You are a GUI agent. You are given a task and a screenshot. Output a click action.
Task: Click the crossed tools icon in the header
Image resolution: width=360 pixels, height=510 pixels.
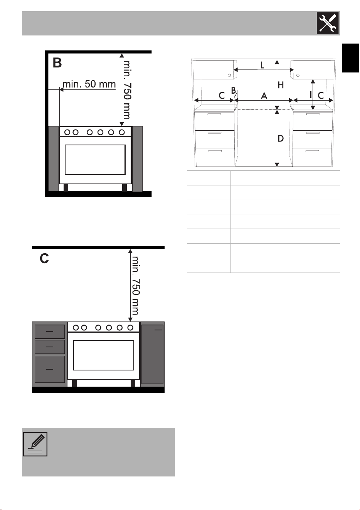coord(328,23)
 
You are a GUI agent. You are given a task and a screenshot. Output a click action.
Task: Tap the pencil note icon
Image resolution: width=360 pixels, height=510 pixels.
coord(35,444)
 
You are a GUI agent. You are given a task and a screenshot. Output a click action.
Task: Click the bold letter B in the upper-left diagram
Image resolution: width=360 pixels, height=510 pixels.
coord(57,63)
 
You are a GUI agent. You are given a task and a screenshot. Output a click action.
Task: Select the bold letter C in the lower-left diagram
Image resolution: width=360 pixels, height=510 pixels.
coord(44,258)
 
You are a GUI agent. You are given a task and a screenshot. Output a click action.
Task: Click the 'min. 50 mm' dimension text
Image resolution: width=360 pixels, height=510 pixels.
coord(89,84)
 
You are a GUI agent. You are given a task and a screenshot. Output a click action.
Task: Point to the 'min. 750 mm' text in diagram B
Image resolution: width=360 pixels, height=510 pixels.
coord(127,90)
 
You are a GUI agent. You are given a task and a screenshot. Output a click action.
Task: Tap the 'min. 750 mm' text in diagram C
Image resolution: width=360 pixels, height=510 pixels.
coord(136,286)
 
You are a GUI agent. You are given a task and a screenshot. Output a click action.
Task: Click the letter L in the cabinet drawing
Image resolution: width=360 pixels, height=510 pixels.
coord(262,66)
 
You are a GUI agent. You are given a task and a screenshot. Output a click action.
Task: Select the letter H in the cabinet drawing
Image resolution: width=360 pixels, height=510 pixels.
coord(281,85)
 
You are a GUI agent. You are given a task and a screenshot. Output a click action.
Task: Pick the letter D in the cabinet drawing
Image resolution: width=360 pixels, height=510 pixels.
coord(281,138)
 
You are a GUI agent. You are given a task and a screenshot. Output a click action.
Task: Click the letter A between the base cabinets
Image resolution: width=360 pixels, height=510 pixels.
coord(264,96)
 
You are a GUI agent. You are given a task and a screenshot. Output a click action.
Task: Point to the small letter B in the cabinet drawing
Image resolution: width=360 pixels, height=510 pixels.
coord(234,90)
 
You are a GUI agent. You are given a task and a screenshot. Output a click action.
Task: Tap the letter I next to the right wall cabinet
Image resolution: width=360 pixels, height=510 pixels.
coord(311,94)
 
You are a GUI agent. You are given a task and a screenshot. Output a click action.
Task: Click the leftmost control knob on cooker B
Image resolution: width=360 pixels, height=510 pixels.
coord(67,132)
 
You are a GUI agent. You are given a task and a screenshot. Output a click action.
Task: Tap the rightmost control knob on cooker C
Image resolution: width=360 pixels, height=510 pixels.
coord(130,328)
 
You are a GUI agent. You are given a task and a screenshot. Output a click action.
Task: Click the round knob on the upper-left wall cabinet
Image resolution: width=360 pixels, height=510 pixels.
coord(229,75)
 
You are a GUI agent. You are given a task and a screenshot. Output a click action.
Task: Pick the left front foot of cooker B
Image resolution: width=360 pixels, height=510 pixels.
coord(66,188)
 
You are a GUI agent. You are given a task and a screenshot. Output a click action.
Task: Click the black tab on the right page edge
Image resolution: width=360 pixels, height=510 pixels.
coord(351,58)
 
